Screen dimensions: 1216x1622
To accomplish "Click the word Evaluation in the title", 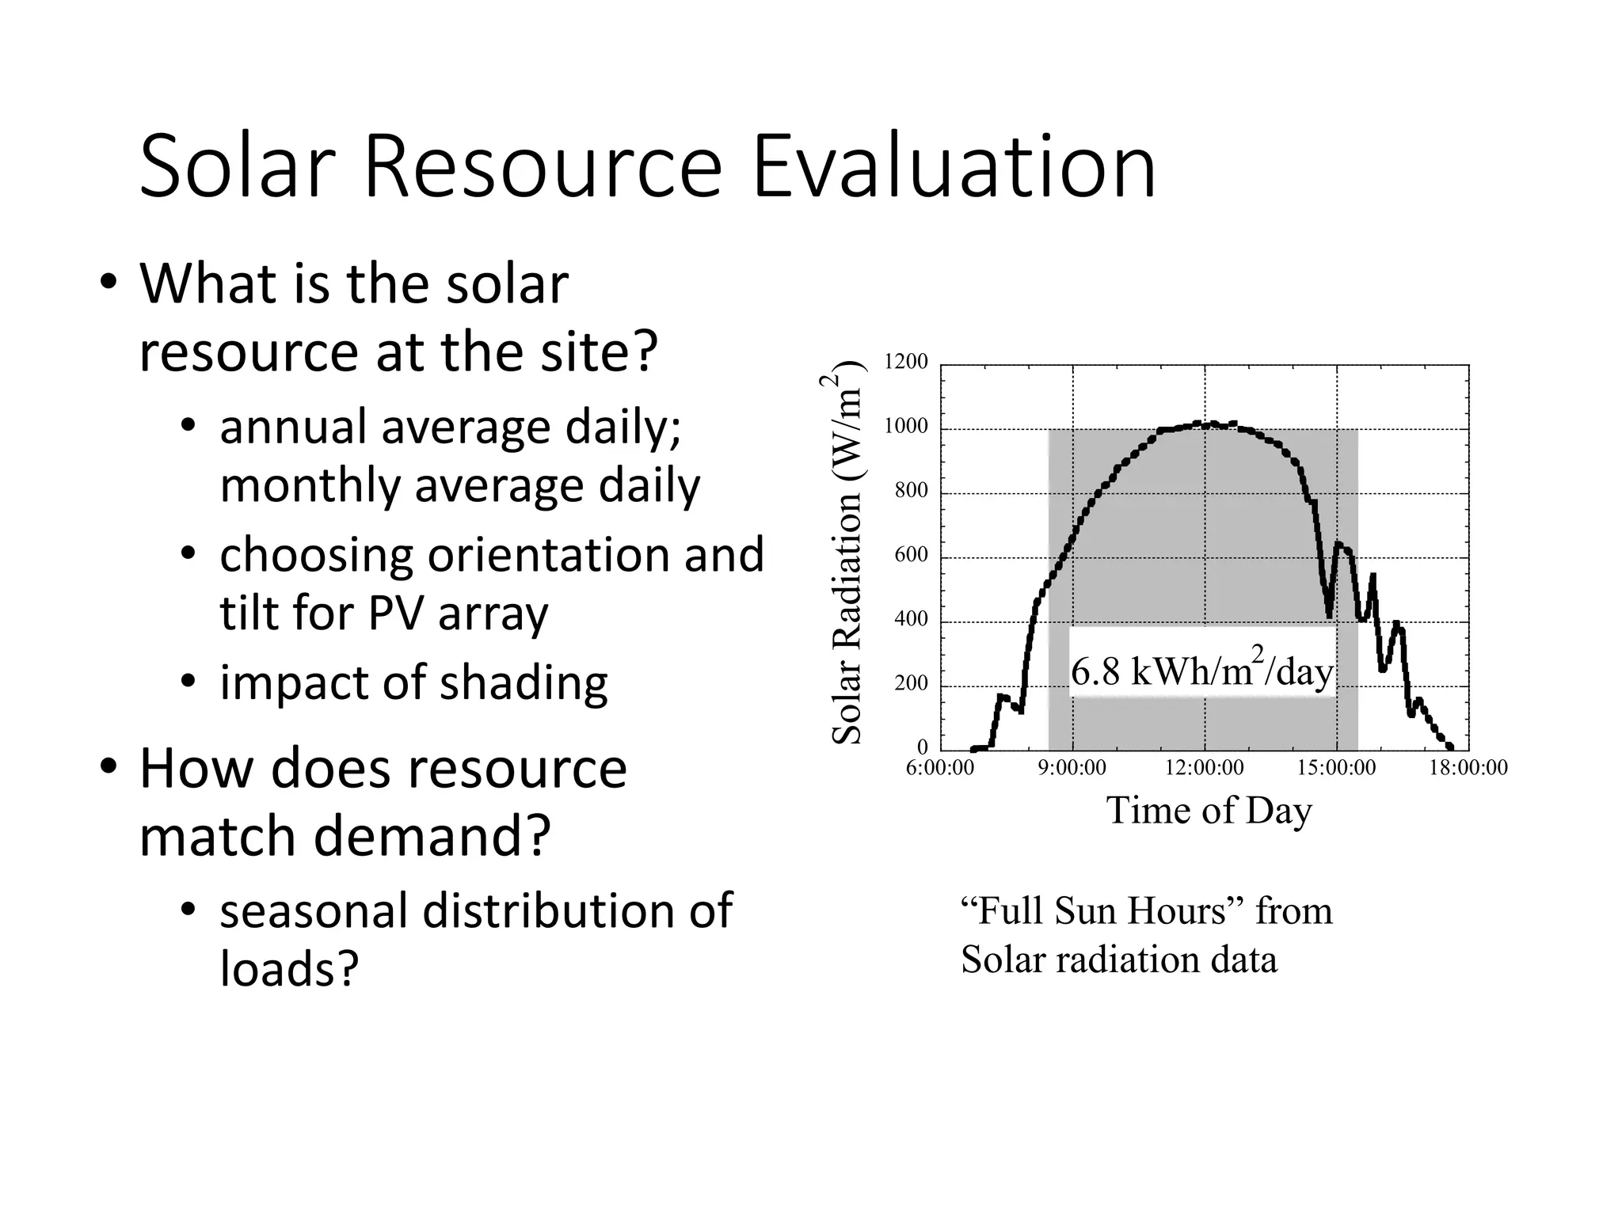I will coord(954,168).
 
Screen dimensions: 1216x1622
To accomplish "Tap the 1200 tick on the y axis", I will coord(905,363).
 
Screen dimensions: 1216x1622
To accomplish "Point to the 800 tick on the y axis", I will coord(911,491).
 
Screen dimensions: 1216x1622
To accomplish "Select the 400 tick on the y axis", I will coord(911,619).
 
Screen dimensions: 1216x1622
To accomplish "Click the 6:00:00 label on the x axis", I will coord(940,768).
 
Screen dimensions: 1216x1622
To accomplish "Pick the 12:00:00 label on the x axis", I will coord(1205,768).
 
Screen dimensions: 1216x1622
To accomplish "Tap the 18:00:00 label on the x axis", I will coord(1468,768).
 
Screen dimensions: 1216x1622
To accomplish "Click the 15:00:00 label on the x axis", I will coord(1337,768).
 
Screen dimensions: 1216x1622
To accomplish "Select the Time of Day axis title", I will coord(1209,811).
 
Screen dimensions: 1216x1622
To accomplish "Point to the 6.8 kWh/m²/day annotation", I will coord(1201,671).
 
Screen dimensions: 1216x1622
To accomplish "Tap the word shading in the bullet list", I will coord(524,683).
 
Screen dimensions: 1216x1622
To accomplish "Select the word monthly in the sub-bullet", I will coord(309,485).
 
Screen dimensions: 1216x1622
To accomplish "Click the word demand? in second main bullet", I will coord(432,836).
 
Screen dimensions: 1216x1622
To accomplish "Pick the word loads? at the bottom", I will coord(289,968).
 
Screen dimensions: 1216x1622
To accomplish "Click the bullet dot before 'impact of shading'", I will coord(188,681).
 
